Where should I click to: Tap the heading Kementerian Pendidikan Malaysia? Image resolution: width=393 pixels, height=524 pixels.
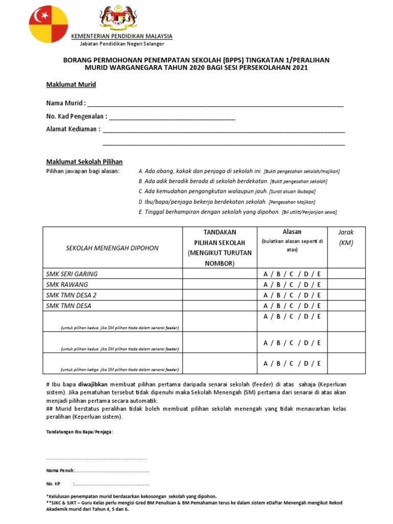tap(121, 36)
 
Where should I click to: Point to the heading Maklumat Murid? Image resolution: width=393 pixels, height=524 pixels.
tap(71, 84)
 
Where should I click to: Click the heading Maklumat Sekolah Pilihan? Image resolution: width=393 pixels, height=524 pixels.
tap(84, 162)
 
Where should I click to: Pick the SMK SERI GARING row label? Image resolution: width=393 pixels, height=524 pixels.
tap(72, 274)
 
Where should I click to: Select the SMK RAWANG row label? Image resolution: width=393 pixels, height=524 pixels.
tap(67, 285)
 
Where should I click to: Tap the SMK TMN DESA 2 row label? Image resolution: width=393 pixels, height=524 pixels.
tap(71, 295)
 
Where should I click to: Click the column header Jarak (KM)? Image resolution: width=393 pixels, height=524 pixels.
tap(346, 237)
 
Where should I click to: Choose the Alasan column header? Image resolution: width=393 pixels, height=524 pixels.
tap(292, 232)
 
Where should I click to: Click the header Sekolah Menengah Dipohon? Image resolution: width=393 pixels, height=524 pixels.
tap(113, 248)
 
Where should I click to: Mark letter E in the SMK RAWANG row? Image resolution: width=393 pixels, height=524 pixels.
tap(319, 285)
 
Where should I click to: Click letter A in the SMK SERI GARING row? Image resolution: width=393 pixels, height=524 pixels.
tap(266, 274)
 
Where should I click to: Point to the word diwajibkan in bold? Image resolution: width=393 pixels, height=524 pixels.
tap(92, 384)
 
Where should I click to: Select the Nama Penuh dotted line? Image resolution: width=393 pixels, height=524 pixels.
tap(112, 470)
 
